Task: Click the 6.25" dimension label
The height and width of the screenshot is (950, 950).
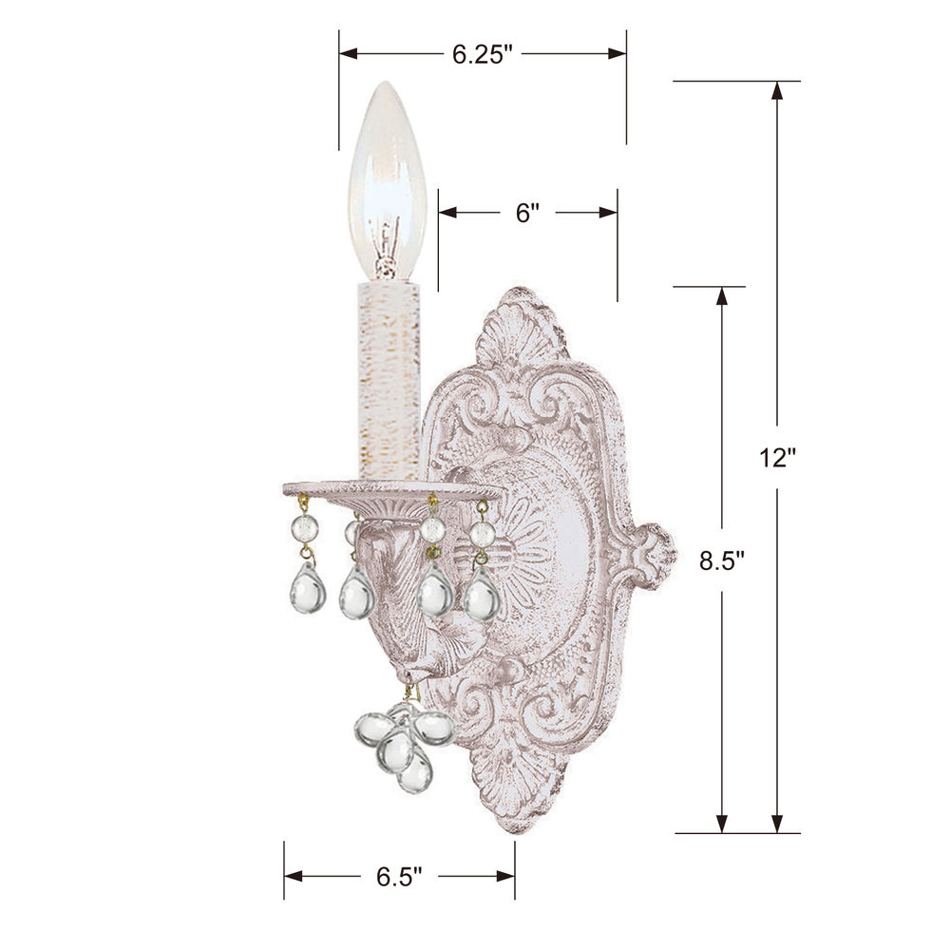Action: tap(483, 54)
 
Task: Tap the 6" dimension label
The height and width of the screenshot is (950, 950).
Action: tap(527, 213)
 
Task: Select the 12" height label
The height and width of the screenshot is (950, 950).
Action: tap(777, 458)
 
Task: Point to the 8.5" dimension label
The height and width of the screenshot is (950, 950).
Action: tap(721, 560)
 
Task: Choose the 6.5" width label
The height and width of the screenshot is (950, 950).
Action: tap(399, 876)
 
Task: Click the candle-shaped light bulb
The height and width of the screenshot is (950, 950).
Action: tap(388, 180)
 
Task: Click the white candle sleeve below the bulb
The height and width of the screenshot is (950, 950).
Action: tap(389, 381)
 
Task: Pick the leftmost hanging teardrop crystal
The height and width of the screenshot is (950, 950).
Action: tap(308, 588)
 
